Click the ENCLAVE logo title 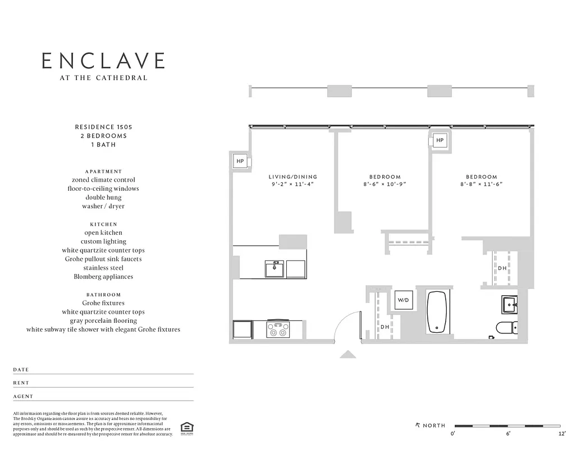104,61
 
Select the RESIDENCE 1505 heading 104,127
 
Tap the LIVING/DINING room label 292,177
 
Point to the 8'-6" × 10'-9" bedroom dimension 385,184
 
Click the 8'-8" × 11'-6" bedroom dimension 481,184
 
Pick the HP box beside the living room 240,161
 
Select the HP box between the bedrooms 440,140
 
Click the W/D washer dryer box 404,300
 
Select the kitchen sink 275,269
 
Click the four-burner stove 277,328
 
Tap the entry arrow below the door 348,354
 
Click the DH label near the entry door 385,327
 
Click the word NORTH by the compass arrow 434,425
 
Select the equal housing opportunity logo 185,428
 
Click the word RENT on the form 21,383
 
